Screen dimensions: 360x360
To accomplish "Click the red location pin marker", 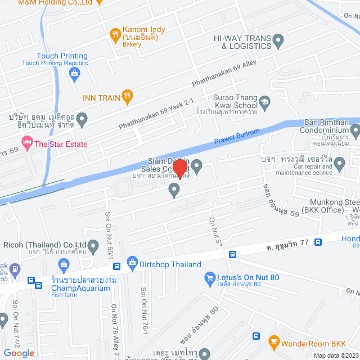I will (x=180, y=168).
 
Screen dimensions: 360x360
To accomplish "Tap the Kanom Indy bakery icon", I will (x=115, y=34).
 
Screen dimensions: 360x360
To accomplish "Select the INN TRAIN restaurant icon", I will (x=128, y=97).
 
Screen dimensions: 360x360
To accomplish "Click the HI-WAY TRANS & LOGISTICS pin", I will (x=278, y=39).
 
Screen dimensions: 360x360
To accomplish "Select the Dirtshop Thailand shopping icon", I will (x=133, y=262).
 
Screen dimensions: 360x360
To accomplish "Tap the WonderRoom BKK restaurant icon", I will (x=274, y=341).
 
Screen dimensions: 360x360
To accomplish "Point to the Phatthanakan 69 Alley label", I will (x=223, y=74).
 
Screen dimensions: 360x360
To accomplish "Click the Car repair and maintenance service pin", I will (x=339, y=164).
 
